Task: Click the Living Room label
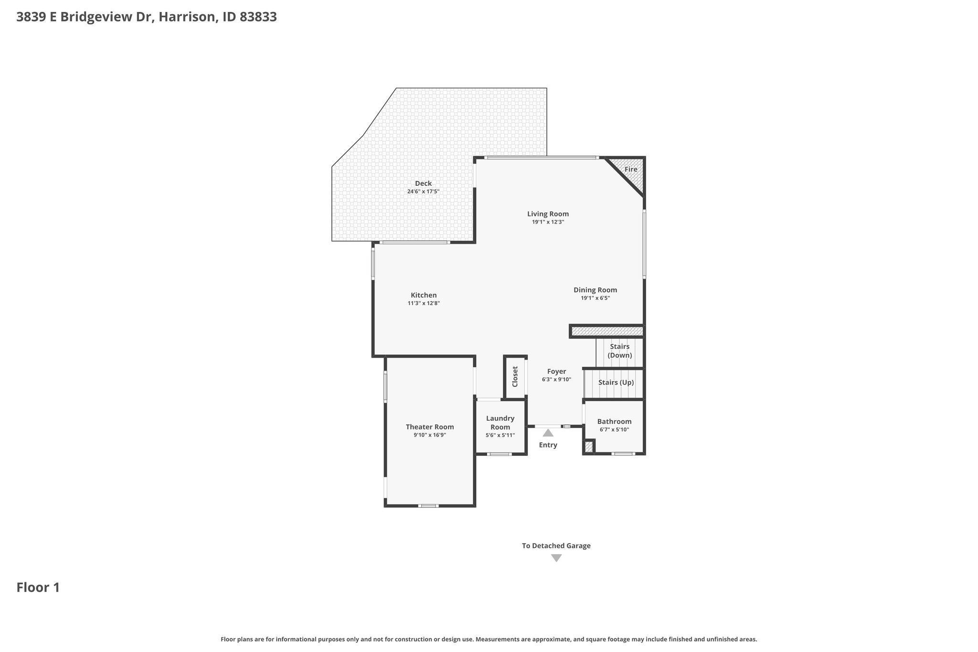pyautogui.click(x=548, y=214)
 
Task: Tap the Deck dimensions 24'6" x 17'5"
pyautogui.click(x=423, y=192)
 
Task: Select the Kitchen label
pyautogui.click(x=424, y=295)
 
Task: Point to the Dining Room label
pyautogui.click(x=595, y=290)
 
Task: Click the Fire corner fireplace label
pyautogui.click(x=631, y=169)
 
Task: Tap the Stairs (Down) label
pyautogui.click(x=619, y=351)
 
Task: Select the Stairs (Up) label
pyautogui.click(x=616, y=383)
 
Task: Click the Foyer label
pyautogui.click(x=556, y=371)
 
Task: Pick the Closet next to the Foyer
pyautogui.click(x=515, y=377)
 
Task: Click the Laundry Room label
pyautogui.click(x=500, y=422)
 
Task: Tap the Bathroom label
pyautogui.click(x=614, y=421)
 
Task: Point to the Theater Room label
pyautogui.click(x=430, y=427)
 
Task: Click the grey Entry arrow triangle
pyautogui.click(x=548, y=433)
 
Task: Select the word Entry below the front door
pyautogui.click(x=548, y=445)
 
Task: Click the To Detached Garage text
pyautogui.click(x=556, y=545)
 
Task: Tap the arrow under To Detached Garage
pyautogui.click(x=556, y=558)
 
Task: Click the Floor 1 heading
pyautogui.click(x=38, y=588)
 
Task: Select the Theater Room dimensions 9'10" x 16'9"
pyautogui.click(x=430, y=435)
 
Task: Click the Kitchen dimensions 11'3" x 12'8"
pyautogui.click(x=424, y=303)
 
